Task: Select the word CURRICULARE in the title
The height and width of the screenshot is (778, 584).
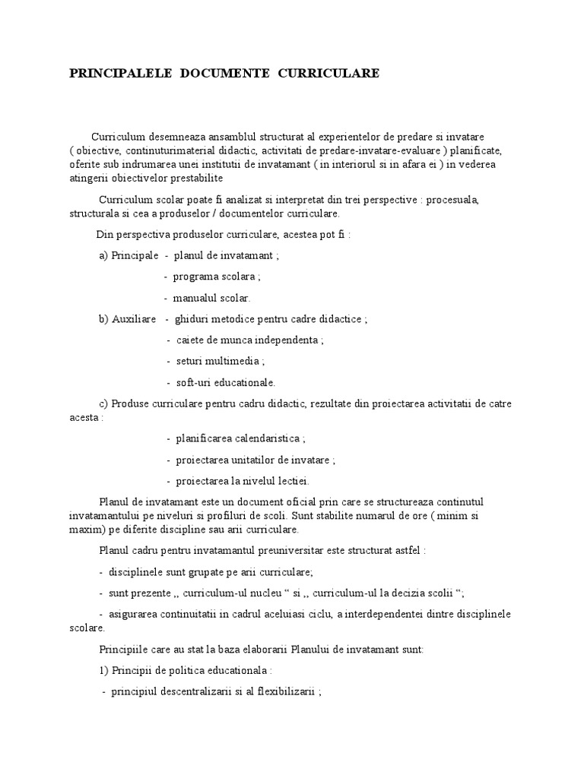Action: pyautogui.click(x=329, y=73)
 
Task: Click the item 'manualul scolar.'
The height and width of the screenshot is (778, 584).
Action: pyautogui.click(x=211, y=298)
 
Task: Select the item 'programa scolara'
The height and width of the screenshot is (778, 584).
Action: pyautogui.click(x=216, y=277)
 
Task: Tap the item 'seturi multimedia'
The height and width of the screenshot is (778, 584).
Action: pyautogui.click(x=220, y=362)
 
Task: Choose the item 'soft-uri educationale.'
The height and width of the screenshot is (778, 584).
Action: pyautogui.click(x=226, y=383)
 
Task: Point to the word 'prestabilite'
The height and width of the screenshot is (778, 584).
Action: pyautogui.click(x=197, y=179)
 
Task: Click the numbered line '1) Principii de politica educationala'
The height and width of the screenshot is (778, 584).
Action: pyautogui.click(x=186, y=672)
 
